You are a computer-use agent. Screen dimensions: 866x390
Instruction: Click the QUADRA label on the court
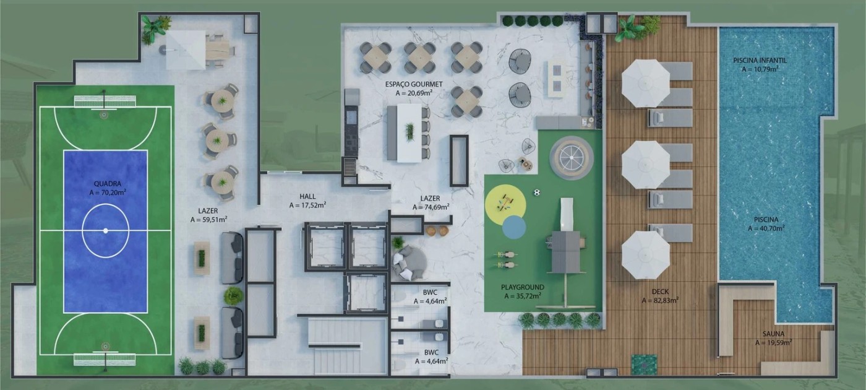pos(108,184)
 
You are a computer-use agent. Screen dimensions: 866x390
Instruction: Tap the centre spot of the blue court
pos(106,230)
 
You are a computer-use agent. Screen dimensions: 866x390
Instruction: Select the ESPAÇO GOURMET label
pos(414,84)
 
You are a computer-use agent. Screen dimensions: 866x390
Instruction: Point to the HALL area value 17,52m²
pos(308,205)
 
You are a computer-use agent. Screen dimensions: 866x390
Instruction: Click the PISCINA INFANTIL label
pos(760,61)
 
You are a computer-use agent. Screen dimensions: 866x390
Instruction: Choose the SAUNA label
pos(774,334)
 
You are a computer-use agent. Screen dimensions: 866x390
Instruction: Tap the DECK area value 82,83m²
pos(661,300)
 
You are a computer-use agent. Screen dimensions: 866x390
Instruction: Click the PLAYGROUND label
pos(523,287)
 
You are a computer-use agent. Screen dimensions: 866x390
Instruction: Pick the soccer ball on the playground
pos(537,192)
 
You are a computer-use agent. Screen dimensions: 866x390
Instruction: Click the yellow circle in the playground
pos(505,204)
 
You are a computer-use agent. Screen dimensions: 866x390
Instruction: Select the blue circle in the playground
pos(514,227)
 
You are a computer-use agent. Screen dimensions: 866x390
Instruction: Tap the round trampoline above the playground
pos(572,157)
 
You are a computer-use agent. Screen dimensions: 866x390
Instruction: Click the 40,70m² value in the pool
pos(766,228)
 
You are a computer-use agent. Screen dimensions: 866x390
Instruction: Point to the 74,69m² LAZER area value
pos(431,207)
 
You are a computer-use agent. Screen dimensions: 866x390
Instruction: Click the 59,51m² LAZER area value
pos(209,219)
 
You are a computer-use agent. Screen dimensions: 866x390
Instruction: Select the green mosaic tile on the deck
pos(644,365)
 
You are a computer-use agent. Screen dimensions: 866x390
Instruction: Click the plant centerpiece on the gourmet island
pos(409,132)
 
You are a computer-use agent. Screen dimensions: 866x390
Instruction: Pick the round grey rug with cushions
pos(409,262)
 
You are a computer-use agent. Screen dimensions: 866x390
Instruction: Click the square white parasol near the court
pos(186,50)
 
